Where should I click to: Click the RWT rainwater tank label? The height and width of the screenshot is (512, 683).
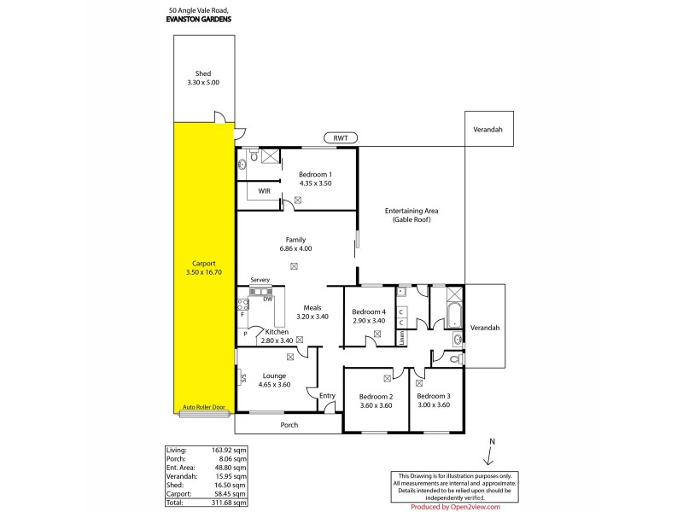(341, 138)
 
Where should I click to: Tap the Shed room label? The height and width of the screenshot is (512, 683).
(202, 74)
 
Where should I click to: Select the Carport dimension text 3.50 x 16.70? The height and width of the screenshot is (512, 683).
(203, 272)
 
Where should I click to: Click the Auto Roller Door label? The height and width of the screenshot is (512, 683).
(203, 408)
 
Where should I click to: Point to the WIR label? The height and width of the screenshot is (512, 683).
(265, 191)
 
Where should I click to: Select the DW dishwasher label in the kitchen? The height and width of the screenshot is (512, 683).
(267, 299)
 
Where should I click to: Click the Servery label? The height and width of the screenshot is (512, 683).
(260, 281)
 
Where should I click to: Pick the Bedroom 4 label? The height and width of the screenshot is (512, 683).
(369, 312)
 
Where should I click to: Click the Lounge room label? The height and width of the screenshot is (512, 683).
(274, 375)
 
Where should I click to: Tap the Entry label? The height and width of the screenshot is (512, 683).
(327, 395)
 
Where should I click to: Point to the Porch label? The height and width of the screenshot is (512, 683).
(289, 424)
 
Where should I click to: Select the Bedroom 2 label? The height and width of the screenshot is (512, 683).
(376, 397)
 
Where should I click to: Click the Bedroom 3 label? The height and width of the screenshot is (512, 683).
(433, 397)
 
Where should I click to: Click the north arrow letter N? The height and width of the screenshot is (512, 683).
(492, 440)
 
